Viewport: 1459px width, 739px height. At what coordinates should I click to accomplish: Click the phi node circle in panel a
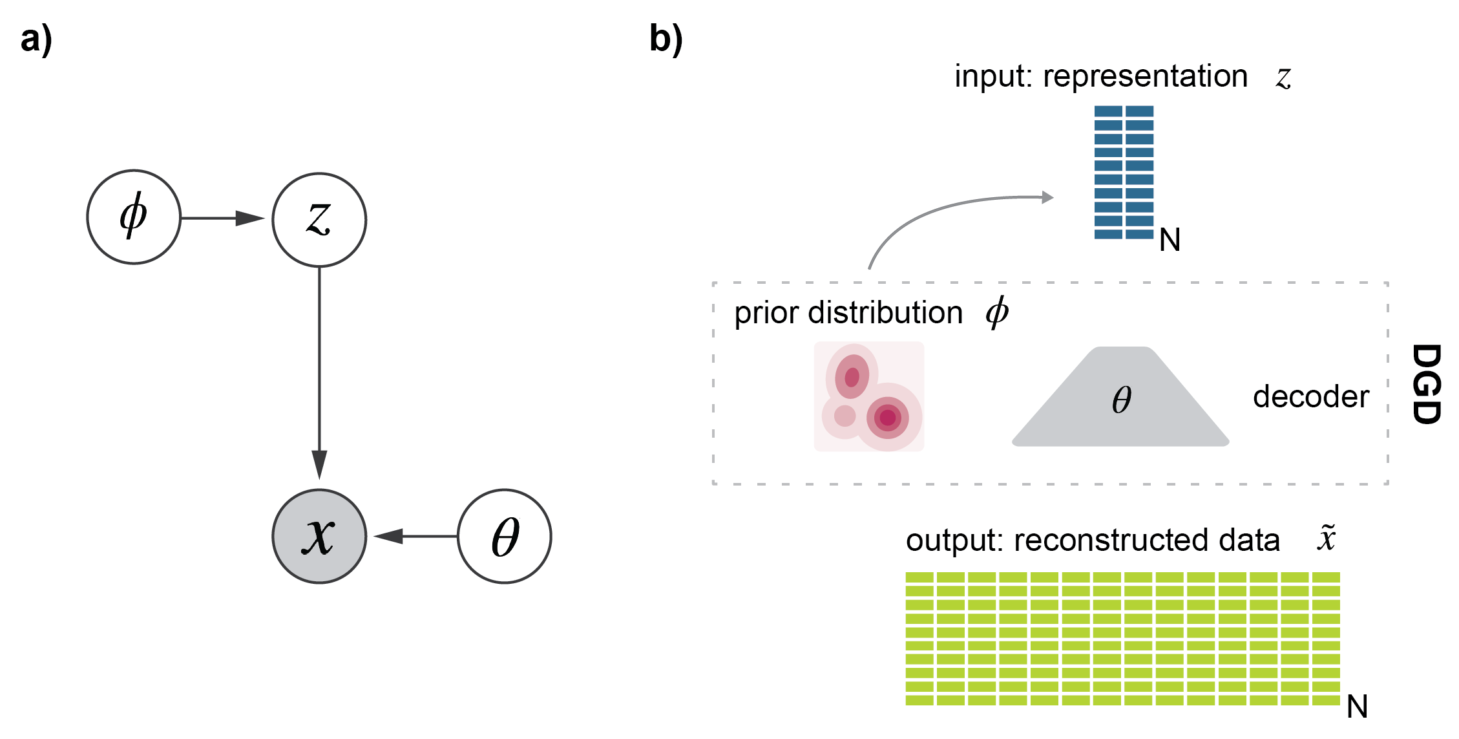click(134, 217)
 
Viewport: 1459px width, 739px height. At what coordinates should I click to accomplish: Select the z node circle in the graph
click(319, 220)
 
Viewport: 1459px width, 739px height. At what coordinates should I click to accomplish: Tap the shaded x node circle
click(319, 537)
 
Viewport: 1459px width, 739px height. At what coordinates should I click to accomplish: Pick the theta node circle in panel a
click(505, 537)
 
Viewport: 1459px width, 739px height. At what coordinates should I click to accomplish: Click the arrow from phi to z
click(223, 219)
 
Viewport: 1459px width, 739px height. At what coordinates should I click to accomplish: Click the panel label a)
click(36, 40)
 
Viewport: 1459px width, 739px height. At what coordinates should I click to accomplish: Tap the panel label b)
click(666, 40)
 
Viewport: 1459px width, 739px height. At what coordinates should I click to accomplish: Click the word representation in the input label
click(1145, 77)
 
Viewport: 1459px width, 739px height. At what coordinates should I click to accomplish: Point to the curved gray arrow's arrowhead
click(1047, 197)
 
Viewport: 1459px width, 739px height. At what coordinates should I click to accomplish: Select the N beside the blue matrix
click(1170, 241)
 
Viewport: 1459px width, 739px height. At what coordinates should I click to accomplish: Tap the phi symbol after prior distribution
click(997, 312)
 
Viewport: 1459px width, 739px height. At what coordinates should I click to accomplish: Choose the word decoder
click(1310, 397)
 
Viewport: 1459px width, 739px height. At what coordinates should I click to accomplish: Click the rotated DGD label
click(1427, 384)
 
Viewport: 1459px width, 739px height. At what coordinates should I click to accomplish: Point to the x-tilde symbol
click(1326, 538)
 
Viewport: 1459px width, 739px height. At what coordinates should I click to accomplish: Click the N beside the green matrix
click(1357, 707)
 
